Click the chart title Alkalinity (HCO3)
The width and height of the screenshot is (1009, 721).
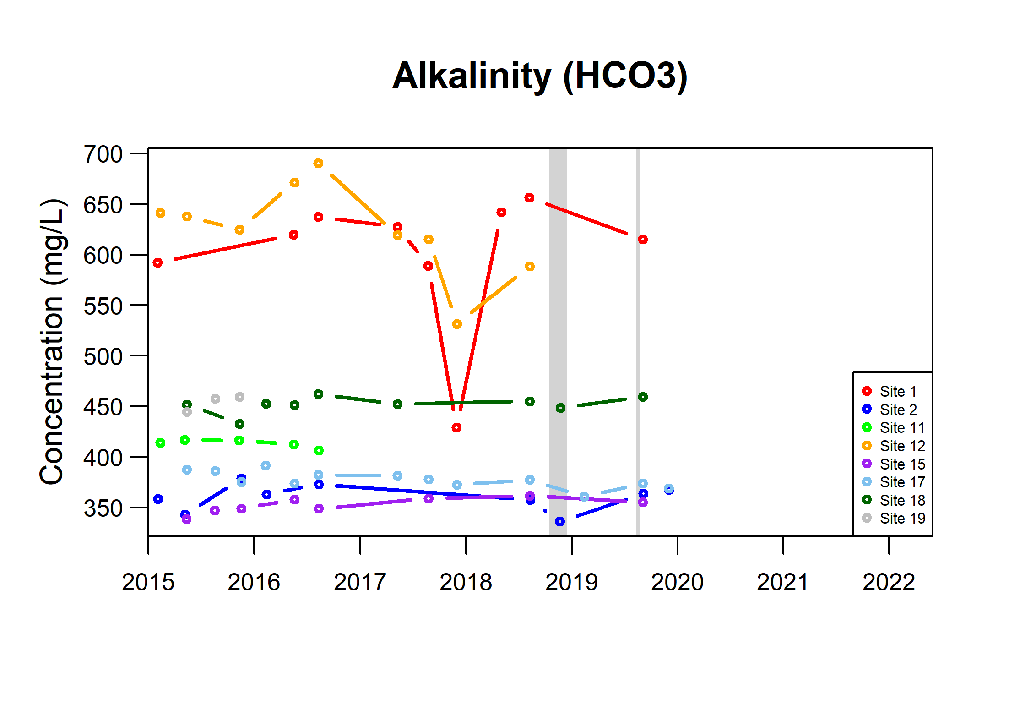[x=540, y=76]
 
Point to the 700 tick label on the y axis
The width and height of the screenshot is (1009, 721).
[x=103, y=154]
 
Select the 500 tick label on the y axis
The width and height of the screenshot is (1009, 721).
[x=103, y=356]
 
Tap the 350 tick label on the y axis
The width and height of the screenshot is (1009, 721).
[x=103, y=508]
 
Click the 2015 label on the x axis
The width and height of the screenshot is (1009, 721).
[x=148, y=583]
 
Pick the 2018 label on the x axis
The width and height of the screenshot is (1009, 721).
[x=466, y=583]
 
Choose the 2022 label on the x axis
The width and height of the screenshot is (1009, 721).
[x=889, y=583]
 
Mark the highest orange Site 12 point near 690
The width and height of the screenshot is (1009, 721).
[x=318, y=164]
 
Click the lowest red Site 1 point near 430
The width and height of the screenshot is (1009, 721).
[x=456, y=427]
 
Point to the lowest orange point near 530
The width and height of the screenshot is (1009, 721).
[x=457, y=324]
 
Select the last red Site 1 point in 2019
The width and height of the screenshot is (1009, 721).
[x=643, y=240]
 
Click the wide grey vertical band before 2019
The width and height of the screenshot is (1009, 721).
[x=558, y=341]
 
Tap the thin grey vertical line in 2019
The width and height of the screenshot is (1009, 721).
[x=638, y=341]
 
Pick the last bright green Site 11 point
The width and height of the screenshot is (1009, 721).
[x=319, y=451]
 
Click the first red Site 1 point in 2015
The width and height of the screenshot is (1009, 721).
[x=157, y=263]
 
